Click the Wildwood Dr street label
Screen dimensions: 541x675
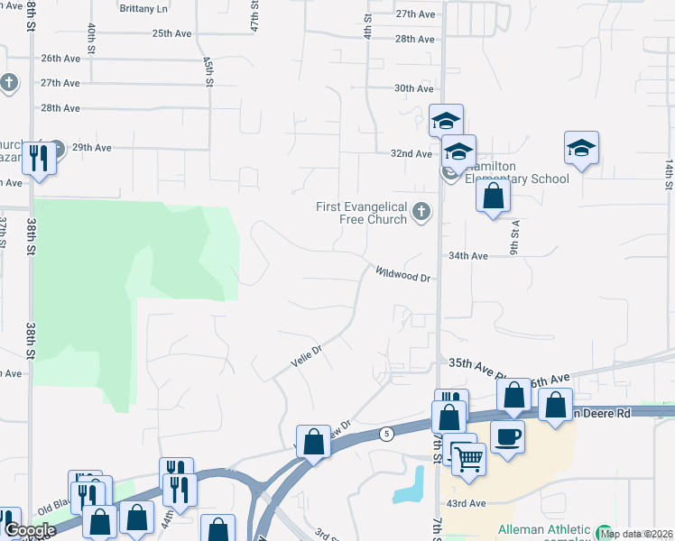pos(403,274)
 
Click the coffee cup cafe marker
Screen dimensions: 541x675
pos(507,436)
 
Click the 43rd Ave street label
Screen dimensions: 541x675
pos(465,502)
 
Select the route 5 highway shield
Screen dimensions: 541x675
pos(385,433)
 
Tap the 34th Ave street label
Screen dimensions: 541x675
pos(468,256)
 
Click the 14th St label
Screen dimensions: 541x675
pos(669,175)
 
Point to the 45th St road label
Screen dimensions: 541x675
pos(208,72)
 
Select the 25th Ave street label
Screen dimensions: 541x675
pos(171,33)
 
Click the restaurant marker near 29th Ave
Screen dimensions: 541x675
pos(38,158)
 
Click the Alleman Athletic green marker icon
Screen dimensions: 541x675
pos(604,531)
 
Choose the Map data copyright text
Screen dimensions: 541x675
pos(636,534)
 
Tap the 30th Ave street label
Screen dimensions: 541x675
pos(414,88)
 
